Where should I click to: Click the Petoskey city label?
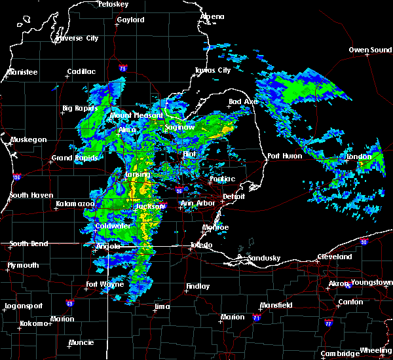[111, 4]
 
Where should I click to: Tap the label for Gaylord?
[130, 20]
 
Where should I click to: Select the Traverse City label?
[77, 38]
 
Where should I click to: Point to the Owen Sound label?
[370, 50]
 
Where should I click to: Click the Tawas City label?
[213, 70]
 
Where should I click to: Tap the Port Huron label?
[284, 156]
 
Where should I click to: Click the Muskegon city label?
[28, 139]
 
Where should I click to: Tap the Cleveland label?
[336, 257]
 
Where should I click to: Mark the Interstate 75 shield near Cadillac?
[123, 67]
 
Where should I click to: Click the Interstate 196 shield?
[16, 177]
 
